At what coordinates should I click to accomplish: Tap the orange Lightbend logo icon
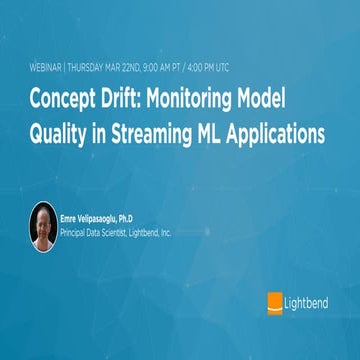274,301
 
